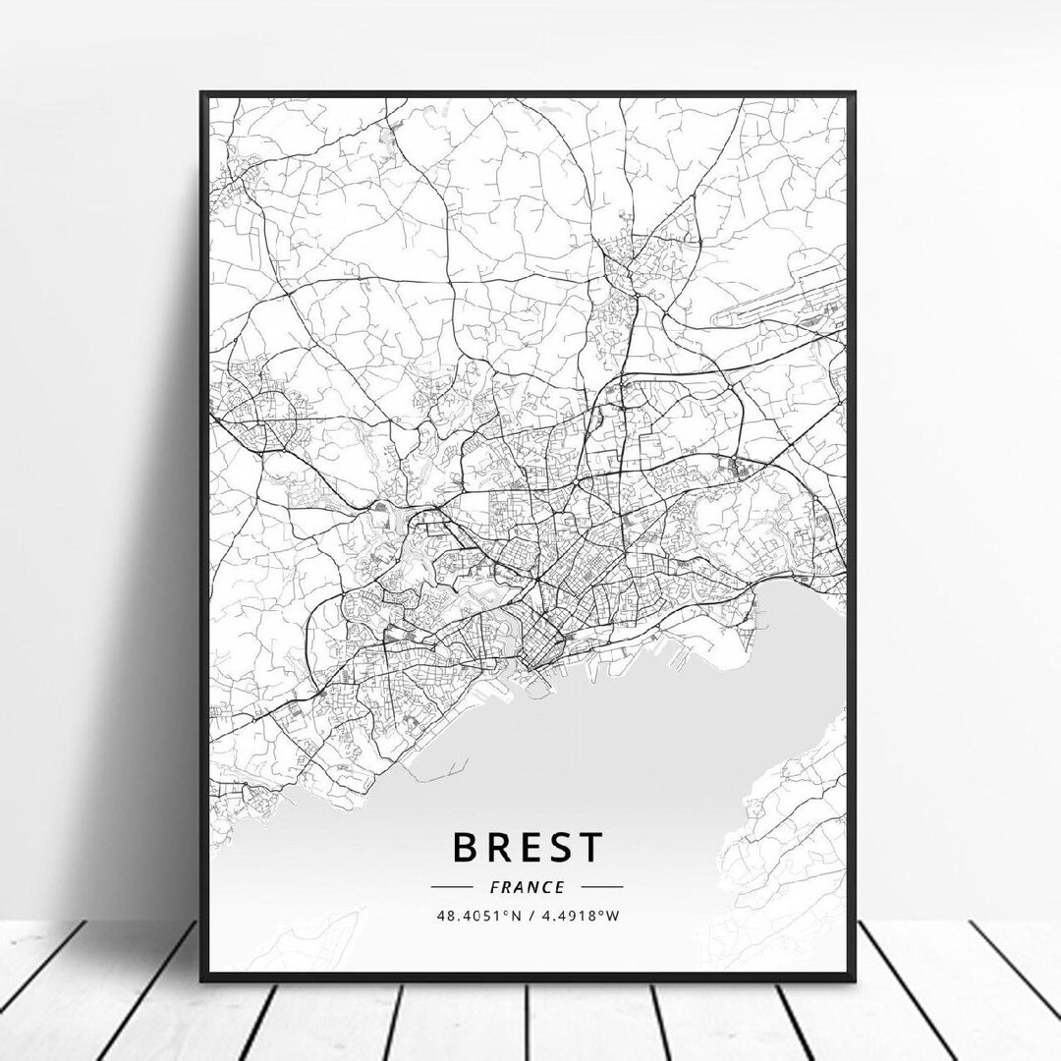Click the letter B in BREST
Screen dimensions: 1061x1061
466,846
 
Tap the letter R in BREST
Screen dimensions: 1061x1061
500,846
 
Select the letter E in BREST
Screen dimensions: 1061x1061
534,846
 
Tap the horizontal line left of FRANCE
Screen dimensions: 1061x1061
466,886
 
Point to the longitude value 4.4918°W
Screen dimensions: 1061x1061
587,916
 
